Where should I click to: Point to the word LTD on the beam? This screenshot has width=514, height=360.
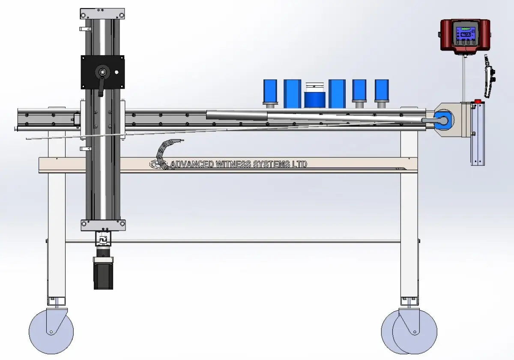(x=300, y=164)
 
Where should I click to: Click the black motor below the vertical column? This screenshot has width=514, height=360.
(x=103, y=273)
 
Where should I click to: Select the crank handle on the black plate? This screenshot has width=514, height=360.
(x=101, y=84)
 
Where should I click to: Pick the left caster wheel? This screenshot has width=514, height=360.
(x=51, y=332)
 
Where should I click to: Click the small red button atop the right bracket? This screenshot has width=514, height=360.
(x=476, y=102)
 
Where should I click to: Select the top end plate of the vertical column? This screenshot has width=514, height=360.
(x=102, y=14)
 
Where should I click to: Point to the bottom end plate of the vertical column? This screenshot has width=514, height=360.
(x=103, y=225)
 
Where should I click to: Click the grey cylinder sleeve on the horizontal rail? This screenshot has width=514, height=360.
(x=237, y=115)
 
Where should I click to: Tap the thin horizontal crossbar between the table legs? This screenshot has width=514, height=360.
(x=233, y=242)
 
